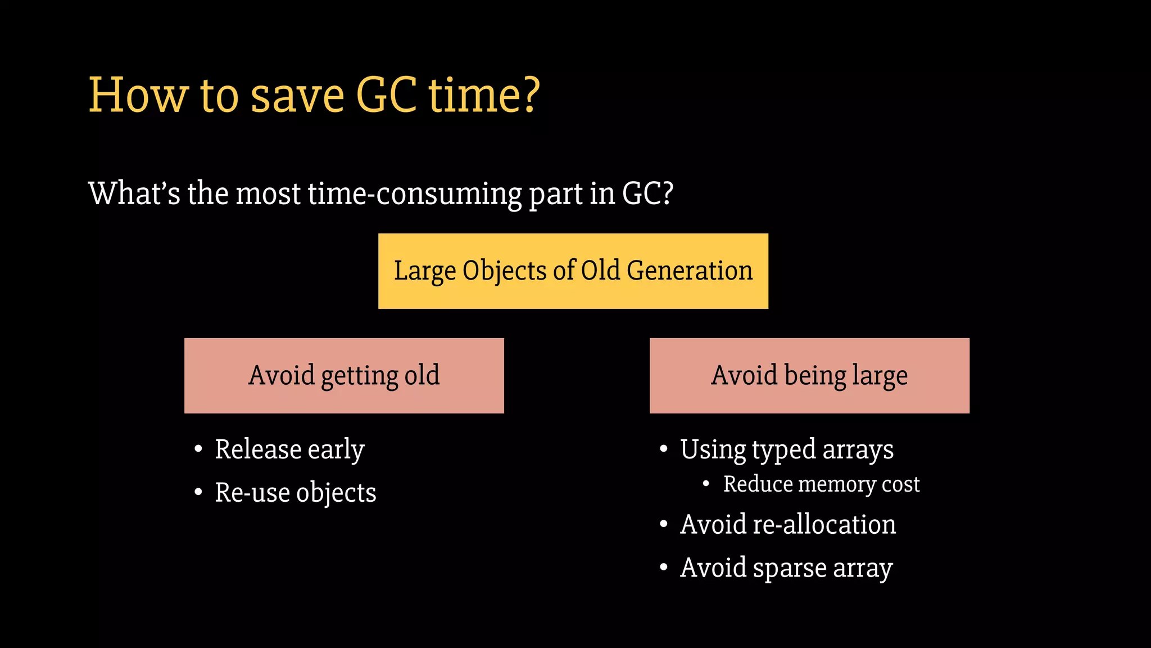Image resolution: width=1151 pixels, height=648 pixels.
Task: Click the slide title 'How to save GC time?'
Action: (x=314, y=95)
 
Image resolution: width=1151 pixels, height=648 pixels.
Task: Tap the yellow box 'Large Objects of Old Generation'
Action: (x=573, y=271)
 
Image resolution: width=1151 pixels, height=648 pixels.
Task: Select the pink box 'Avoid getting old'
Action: (x=344, y=376)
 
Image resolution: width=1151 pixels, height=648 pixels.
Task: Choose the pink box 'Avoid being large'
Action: (x=809, y=376)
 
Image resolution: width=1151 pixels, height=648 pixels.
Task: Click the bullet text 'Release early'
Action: (x=289, y=449)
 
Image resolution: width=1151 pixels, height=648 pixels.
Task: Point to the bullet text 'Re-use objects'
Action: (x=296, y=493)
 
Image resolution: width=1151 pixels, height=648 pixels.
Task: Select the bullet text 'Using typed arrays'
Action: (x=787, y=449)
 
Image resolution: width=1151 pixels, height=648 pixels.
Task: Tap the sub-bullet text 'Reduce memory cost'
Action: (x=821, y=484)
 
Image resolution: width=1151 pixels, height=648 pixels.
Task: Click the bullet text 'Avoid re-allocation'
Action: (x=788, y=524)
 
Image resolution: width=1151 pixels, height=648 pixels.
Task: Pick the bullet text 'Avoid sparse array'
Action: (x=786, y=568)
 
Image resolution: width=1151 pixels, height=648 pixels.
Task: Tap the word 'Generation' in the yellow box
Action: (x=690, y=271)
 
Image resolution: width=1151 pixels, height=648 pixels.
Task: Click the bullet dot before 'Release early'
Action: (x=198, y=449)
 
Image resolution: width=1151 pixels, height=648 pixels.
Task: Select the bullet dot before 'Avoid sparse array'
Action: (x=664, y=568)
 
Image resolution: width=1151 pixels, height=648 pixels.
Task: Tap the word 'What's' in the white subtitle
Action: (x=134, y=193)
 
